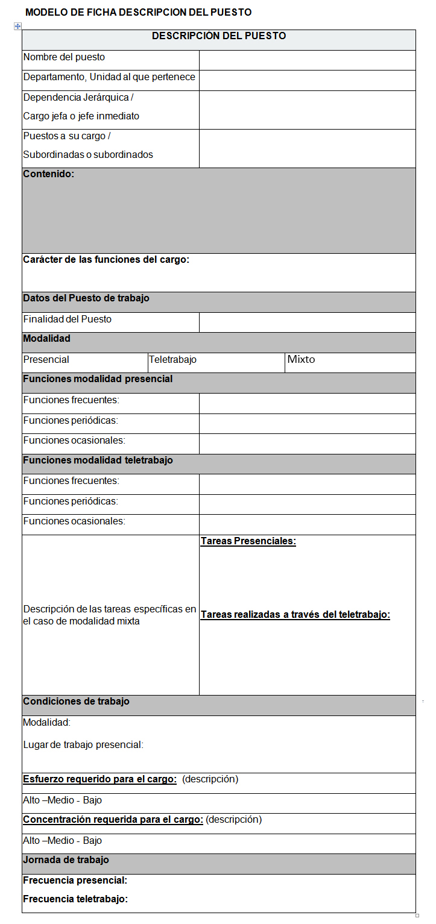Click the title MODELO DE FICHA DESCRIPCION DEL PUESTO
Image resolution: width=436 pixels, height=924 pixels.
click(139, 12)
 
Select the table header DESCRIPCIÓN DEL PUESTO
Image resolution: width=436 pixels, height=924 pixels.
click(219, 36)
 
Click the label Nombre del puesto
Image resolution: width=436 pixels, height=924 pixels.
click(64, 57)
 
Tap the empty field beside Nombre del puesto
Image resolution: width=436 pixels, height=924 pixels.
click(307, 60)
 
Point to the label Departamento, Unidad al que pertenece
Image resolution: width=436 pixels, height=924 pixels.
click(109, 77)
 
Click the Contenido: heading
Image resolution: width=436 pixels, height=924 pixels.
click(49, 174)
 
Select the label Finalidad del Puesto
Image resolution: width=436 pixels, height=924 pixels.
click(68, 319)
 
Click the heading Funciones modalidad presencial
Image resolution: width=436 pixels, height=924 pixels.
click(98, 379)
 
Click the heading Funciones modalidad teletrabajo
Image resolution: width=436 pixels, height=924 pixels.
click(98, 460)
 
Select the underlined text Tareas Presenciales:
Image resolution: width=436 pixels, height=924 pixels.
click(248, 541)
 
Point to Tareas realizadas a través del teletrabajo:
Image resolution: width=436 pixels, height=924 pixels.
click(295, 615)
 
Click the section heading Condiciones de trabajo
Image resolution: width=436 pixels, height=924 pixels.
click(76, 702)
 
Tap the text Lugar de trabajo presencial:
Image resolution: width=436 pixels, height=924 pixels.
click(83, 745)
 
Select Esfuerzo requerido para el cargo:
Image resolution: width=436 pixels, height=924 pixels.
click(100, 779)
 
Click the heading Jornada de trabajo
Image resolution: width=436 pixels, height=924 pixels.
click(66, 860)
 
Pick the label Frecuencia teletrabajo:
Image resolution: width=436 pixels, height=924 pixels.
click(75, 899)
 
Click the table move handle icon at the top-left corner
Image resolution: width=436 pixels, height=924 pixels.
click(17, 26)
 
